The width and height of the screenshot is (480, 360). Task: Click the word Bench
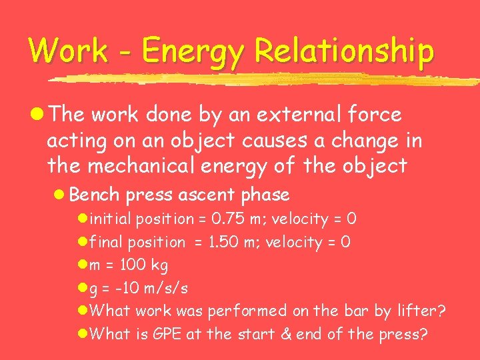94,195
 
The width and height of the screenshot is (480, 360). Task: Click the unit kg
160,266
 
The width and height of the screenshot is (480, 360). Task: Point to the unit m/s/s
167,288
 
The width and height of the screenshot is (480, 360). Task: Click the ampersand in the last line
285,334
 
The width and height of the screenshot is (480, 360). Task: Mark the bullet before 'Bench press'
59,195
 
